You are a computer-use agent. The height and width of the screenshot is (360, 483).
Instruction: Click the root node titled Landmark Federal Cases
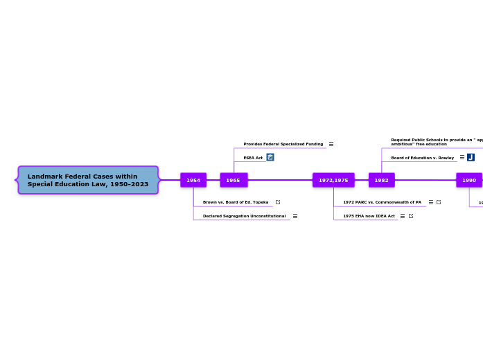(x=88, y=180)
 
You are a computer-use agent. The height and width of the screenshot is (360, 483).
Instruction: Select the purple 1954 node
(x=193, y=180)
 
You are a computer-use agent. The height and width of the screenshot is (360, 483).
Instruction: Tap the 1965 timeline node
(x=234, y=180)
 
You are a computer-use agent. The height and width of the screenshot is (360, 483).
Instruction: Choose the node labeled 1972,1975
(x=333, y=180)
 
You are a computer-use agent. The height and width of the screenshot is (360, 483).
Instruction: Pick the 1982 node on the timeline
(x=381, y=180)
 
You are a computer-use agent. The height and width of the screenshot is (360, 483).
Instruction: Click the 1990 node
(x=469, y=180)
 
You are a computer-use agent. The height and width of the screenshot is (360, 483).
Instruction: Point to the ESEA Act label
(x=253, y=158)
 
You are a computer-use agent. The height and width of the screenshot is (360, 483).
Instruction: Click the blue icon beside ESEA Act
(x=270, y=157)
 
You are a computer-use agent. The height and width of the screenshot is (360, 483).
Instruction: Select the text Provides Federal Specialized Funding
(x=283, y=144)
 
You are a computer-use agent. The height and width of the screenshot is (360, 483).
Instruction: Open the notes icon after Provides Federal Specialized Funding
(x=331, y=144)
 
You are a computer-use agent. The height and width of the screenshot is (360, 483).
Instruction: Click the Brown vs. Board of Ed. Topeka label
(x=236, y=202)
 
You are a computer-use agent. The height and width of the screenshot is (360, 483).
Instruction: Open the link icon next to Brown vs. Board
(x=278, y=202)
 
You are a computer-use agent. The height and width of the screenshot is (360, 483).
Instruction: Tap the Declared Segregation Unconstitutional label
(x=244, y=216)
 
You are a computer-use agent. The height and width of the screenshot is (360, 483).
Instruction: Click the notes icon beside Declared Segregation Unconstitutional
(x=295, y=216)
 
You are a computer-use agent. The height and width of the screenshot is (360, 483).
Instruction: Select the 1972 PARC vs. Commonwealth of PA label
(x=382, y=202)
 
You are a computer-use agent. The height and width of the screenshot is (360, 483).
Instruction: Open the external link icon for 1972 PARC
(x=439, y=202)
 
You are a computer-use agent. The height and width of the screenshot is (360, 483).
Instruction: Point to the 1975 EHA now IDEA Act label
(x=369, y=216)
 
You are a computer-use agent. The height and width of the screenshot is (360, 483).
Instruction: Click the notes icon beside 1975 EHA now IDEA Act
(x=403, y=216)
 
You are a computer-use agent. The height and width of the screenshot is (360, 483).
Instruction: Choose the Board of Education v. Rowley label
(x=422, y=158)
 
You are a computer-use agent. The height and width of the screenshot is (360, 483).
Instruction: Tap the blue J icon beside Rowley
(x=471, y=157)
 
